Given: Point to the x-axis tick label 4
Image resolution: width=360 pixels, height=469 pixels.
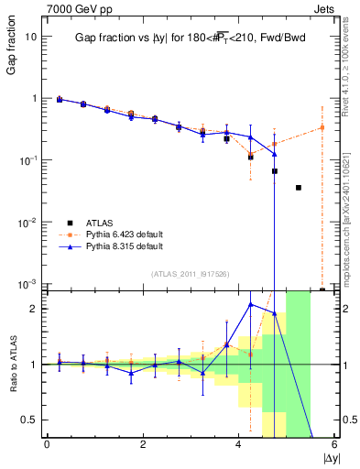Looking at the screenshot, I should click(x=238, y=445).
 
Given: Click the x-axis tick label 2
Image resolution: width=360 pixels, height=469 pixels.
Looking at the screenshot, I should click(x=143, y=445).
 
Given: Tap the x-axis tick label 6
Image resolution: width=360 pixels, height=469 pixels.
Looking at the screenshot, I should click(x=334, y=445).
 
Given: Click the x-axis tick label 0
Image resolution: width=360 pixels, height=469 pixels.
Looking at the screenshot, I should click(x=47, y=445).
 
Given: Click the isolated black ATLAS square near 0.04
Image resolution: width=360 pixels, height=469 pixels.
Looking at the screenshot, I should click(x=299, y=188).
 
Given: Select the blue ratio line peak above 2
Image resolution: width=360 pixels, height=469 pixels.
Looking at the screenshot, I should click(x=251, y=304).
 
